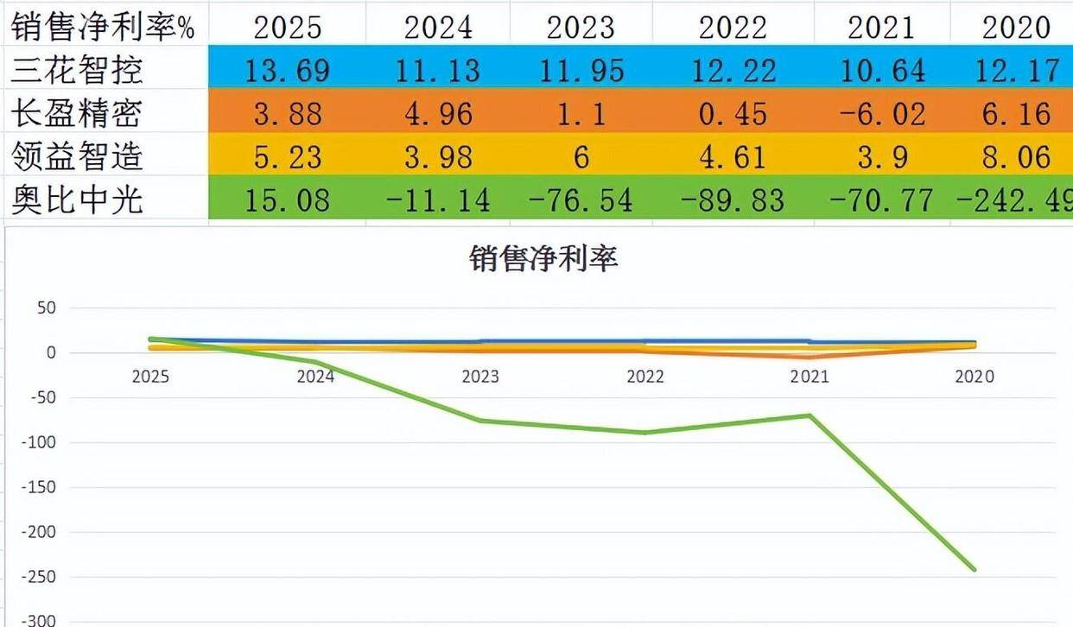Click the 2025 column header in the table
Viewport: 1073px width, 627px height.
point(287,27)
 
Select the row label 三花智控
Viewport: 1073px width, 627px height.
point(77,69)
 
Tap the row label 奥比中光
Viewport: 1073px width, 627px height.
point(77,199)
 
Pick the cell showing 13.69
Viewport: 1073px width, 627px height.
point(287,70)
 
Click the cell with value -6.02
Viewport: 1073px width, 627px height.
point(881,114)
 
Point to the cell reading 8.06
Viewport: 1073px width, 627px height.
point(1016,157)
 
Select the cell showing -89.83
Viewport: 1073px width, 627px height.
point(733,200)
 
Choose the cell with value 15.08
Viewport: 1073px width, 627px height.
point(287,200)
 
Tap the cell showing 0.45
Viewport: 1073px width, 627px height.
point(733,114)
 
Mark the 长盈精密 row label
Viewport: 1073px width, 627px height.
point(77,113)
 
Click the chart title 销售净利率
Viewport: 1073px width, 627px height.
point(544,258)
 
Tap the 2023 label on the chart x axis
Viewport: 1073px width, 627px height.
point(480,377)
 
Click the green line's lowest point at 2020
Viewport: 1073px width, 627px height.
point(975,569)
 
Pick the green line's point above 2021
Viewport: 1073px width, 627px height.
point(810,415)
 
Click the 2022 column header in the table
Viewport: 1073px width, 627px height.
point(733,27)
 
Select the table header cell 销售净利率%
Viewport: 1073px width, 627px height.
point(104,27)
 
